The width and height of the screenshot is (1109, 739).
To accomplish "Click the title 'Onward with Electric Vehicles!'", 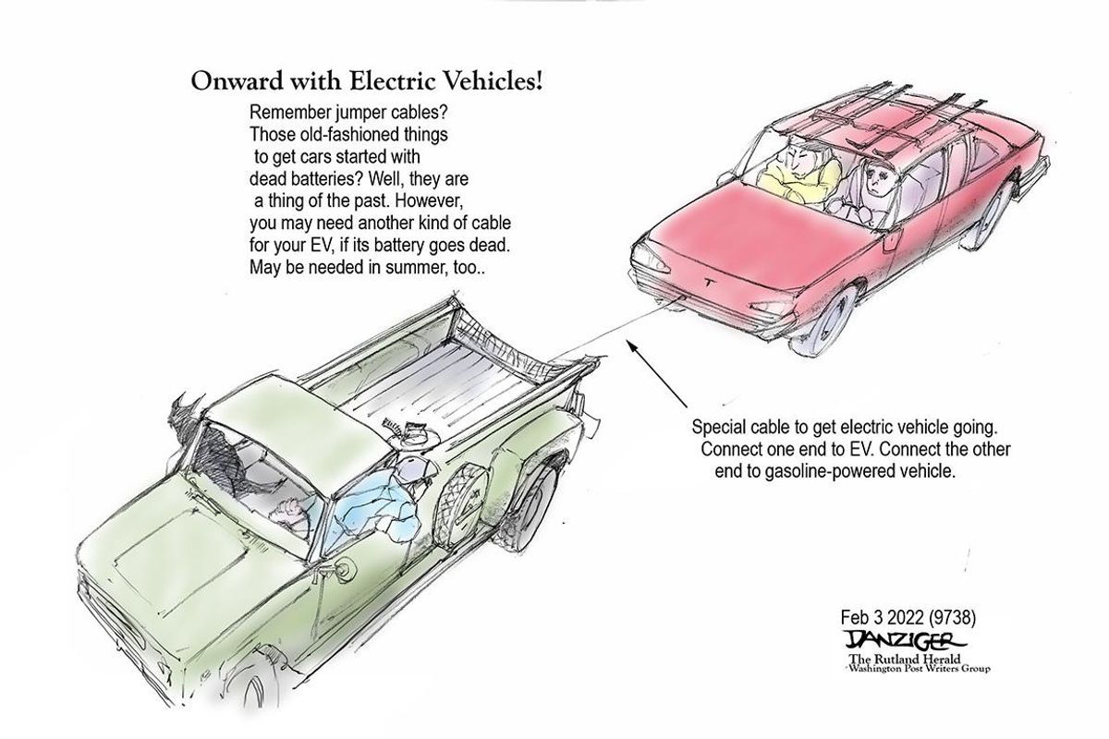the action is [367, 81].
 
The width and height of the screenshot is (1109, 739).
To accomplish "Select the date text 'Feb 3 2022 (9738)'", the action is [908, 617].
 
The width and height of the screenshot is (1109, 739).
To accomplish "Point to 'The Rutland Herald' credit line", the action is [905, 659].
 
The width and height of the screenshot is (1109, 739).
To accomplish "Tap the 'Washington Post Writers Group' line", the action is [920, 669].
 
